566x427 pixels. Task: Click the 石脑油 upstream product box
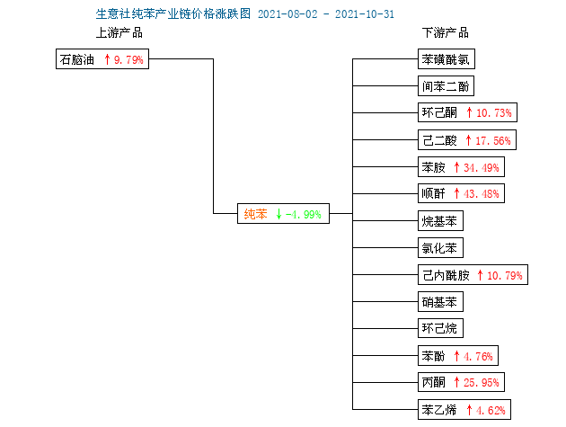pos(102,59)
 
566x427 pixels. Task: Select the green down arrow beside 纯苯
pos(279,214)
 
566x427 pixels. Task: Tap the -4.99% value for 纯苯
pos(304,214)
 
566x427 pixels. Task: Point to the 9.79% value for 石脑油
pos(128,59)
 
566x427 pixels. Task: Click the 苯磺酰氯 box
pos(447,59)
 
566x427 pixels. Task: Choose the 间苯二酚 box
pos(446,86)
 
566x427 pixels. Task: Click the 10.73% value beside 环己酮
pos(494,112)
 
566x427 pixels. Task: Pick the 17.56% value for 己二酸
pos(492,140)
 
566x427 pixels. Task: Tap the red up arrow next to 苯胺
pos(456,167)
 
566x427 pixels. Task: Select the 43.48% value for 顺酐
pos(482,193)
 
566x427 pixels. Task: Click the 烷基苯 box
pos(440,221)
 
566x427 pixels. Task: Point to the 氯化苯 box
pos(440,247)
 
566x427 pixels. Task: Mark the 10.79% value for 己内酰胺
pos(505,276)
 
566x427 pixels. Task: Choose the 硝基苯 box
pos(440,302)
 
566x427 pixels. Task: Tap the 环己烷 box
pos(440,328)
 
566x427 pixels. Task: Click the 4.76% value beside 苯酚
pos(478,357)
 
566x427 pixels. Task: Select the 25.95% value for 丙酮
pos(482,382)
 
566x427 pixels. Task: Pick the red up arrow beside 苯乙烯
pos(469,410)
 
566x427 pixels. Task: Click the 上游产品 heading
pos(119,33)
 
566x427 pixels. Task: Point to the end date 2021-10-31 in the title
pos(365,14)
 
